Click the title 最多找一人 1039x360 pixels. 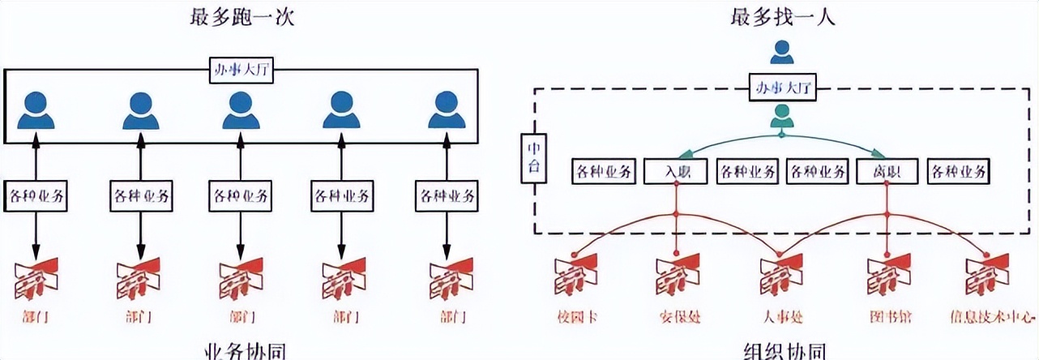pyautogui.click(x=783, y=16)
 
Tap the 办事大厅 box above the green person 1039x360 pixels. pyautogui.click(x=782, y=87)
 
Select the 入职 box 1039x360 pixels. pyautogui.click(x=677, y=171)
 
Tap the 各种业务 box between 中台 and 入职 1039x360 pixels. pyautogui.click(x=604, y=171)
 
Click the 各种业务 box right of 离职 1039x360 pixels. pyautogui.click(x=960, y=171)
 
